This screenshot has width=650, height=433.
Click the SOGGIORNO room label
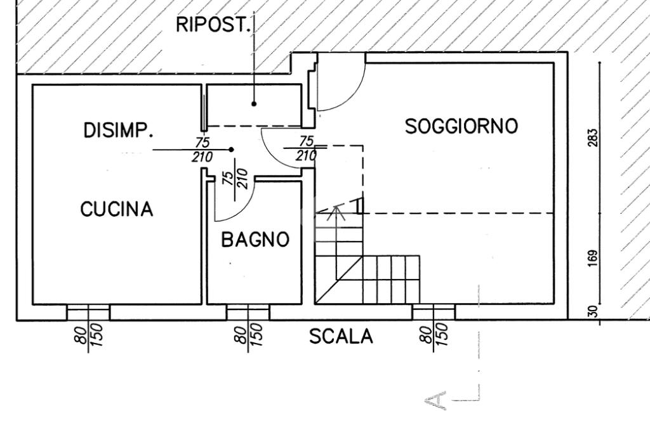pyautogui.click(x=461, y=126)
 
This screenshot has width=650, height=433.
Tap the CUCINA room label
pyautogui.click(x=117, y=209)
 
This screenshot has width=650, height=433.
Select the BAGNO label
pyautogui.click(x=255, y=239)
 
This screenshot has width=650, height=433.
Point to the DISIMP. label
pyautogui.click(x=118, y=131)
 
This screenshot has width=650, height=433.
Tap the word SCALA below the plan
pyautogui.click(x=341, y=336)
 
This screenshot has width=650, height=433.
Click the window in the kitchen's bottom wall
pyautogui.click(x=88, y=312)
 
